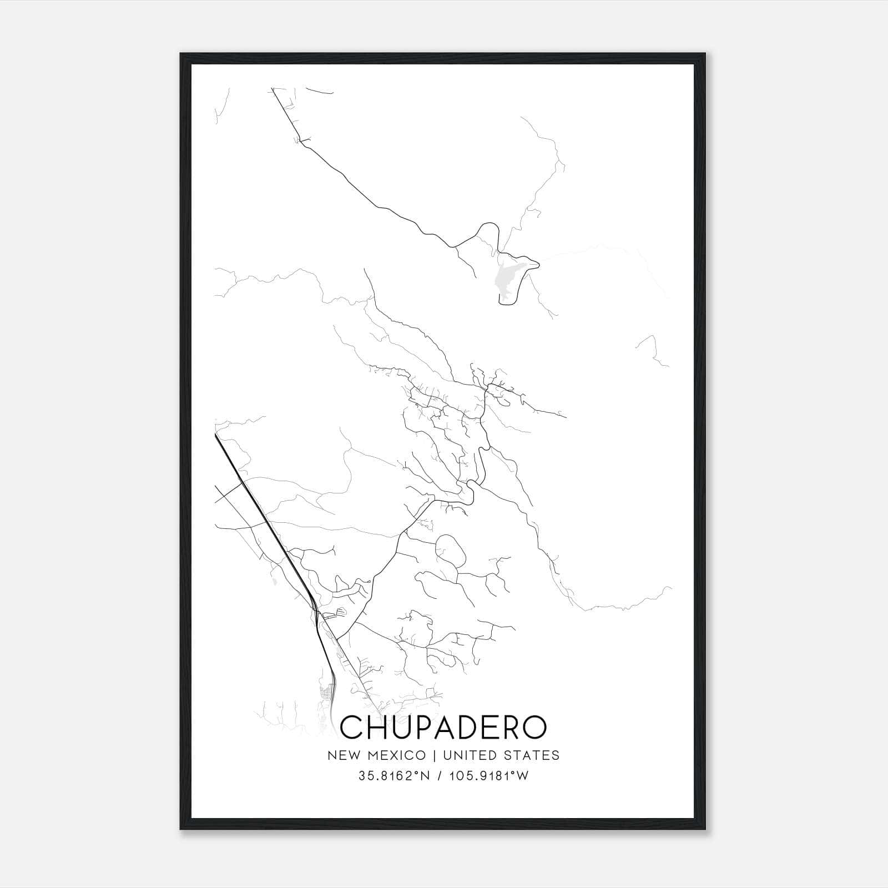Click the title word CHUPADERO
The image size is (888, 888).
pos(443,727)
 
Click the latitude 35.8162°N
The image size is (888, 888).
pos(394,776)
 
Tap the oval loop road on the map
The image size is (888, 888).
pos(451,550)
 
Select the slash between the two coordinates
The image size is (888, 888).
pos(439,776)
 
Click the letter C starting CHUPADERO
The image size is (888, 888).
pos(351,727)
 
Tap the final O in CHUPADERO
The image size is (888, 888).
pos(534,727)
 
